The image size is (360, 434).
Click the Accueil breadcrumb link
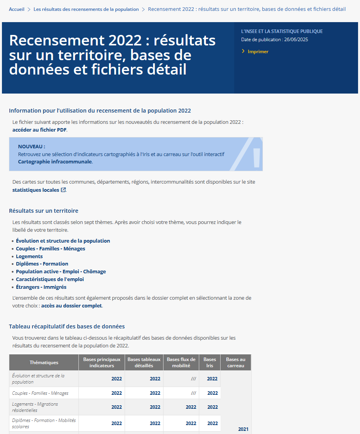[17, 9]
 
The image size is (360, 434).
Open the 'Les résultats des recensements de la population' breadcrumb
[86, 9]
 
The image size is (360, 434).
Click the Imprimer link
[258, 52]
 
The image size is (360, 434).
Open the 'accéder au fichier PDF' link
[39, 130]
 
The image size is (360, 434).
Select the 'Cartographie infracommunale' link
[55, 161]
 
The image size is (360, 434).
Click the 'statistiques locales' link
[36, 190]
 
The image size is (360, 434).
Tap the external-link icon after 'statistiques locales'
[63, 190]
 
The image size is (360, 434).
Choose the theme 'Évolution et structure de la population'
[63, 241]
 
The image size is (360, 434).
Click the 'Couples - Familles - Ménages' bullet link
[50, 249]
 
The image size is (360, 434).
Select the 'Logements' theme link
[29, 257]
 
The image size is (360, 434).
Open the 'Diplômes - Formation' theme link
[42, 264]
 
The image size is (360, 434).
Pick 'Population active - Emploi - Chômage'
[61, 272]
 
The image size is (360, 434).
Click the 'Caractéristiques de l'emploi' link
[50, 279]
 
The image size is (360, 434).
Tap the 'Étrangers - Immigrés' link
[41, 287]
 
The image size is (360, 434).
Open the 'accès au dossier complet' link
[71, 306]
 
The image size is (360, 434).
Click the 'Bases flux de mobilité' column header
[181, 363]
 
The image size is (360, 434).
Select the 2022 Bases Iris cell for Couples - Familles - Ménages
[212, 393]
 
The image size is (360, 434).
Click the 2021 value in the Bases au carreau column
[243, 429]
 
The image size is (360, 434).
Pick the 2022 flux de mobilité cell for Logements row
[191, 407]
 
